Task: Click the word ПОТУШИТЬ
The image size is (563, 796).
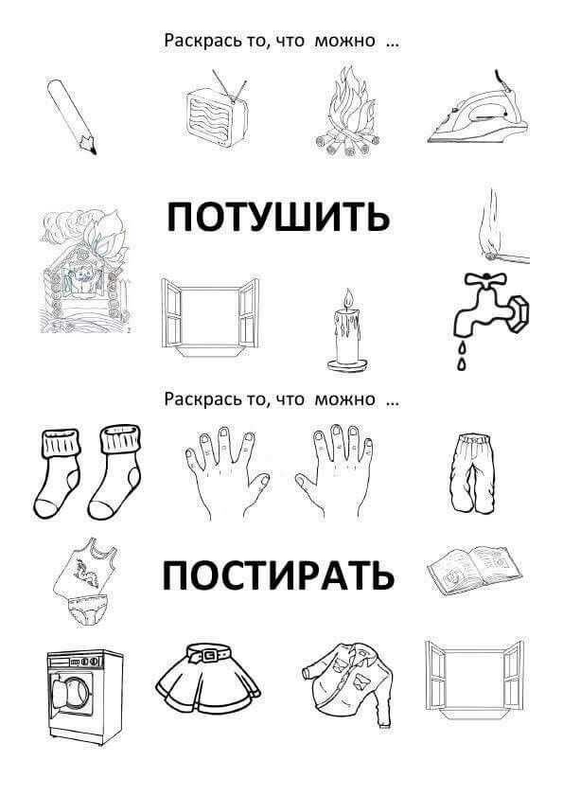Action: click(x=279, y=217)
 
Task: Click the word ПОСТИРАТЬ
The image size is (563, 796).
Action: click(x=278, y=575)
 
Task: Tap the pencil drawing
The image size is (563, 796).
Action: click(x=72, y=116)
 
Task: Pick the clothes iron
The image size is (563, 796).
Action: click(x=477, y=109)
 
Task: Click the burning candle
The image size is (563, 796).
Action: click(x=347, y=330)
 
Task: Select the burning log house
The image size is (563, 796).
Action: click(x=85, y=271)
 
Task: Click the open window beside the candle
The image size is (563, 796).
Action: click(x=210, y=317)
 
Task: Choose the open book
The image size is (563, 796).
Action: click(x=475, y=570)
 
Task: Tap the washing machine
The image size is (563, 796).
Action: click(x=85, y=696)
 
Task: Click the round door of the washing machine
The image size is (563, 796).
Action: click(x=75, y=693)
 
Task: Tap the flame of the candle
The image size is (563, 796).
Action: click(x=348, y=298)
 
